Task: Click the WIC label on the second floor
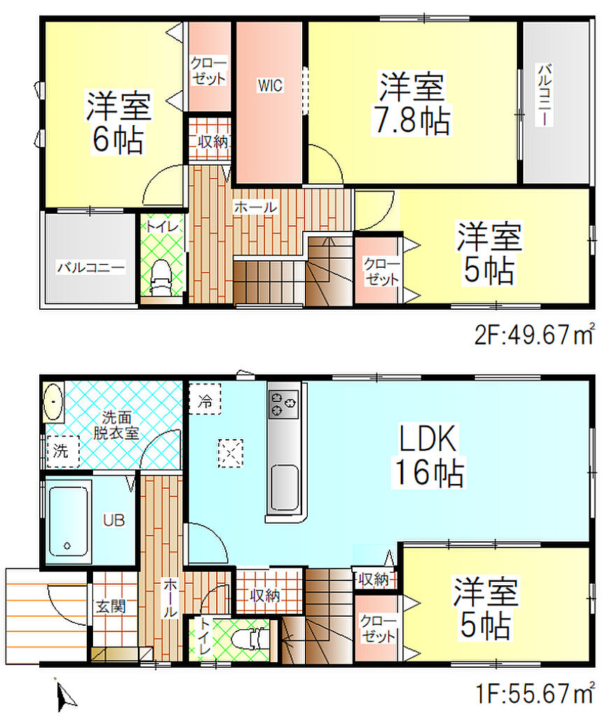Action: pos(270,85)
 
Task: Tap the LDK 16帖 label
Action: pos(428,456)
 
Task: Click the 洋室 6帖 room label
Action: pos(118,122)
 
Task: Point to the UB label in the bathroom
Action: pos(113,520)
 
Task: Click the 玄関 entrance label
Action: pos(111,606)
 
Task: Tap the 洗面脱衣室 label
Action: pos(116,424)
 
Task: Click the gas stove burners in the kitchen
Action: pos(283,404)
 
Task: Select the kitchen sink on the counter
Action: pos(285,487)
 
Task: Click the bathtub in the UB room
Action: pos(69,520)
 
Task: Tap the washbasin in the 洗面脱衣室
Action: pos(53,402)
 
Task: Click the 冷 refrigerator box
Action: pos(205,399)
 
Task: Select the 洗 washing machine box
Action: pos(63,452)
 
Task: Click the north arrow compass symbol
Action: pos(64,696)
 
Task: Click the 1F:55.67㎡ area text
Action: pos(536,693)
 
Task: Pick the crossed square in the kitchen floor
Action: pos(230,453)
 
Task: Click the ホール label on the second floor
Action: pos(255,208)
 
